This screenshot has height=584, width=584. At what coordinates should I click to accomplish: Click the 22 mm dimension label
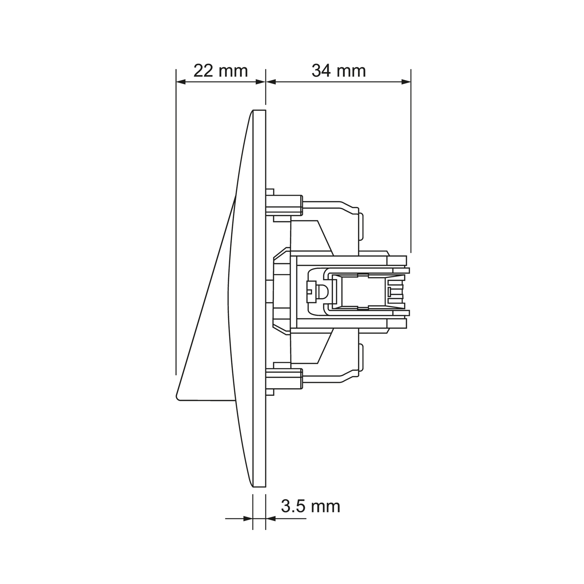tap(221, 71)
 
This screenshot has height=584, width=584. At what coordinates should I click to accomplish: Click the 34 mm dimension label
tap(338, 71)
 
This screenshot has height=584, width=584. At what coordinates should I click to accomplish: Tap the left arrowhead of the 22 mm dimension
tap(181, 82)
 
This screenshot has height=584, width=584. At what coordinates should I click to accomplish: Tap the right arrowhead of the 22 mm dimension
tap(260, 82)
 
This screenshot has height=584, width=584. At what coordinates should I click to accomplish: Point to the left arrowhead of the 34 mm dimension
tap(271, 82)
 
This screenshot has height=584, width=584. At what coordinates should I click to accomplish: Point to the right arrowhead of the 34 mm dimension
tap(406, 82)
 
